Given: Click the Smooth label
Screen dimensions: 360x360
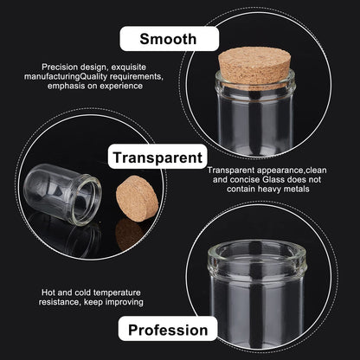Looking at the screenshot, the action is (169, 39).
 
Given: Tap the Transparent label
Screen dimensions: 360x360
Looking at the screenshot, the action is (157, 157).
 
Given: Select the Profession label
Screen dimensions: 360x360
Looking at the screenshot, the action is (168, 329).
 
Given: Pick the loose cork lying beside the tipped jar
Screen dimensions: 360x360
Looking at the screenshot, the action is (138, 199).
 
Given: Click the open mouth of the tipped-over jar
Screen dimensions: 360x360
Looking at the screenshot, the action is (86, 200).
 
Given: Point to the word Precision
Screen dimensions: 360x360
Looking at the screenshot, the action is (60, 67).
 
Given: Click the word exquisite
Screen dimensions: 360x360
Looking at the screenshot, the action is (129, 67).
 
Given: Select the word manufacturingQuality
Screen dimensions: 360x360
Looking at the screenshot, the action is (66, 77).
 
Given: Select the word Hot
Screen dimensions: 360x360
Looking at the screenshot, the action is (48, 292).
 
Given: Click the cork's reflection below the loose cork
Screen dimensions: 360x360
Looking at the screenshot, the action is (130, 235).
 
